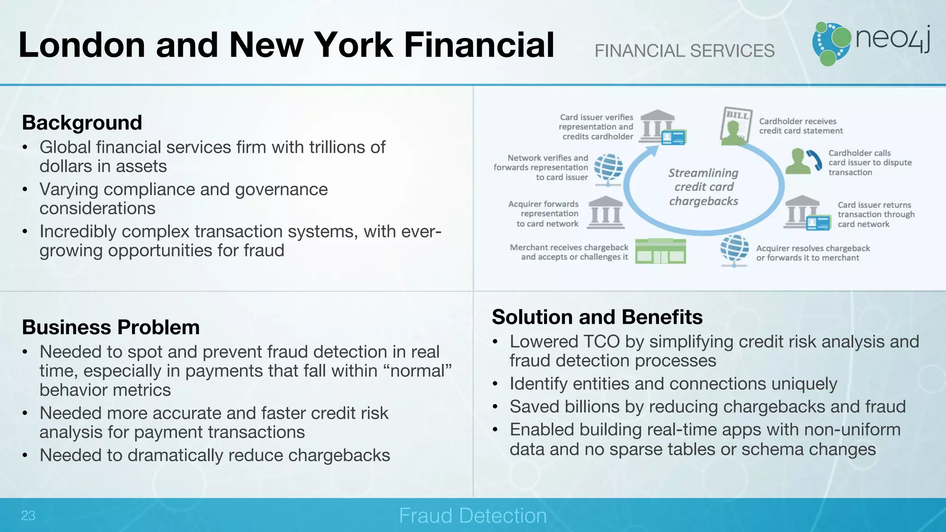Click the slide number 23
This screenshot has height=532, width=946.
pyautogui.click(x=28, y=515)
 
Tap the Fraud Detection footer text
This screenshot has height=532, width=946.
pyautogui.click(x=473, y=515)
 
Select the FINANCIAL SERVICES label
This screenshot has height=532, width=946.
pyautogui.click(x=684, y=51)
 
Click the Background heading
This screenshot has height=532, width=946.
pyautogui.click(x=82, y=123)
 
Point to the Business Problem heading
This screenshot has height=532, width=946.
pyautogui.click(x=111, y=327)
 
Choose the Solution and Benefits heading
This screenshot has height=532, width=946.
pyautogui.click(x=597, y=317)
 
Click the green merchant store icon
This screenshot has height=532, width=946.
pyautogui.click(x=660, y=251)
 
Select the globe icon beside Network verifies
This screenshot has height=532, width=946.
pyautogui.click(x=608, y=169)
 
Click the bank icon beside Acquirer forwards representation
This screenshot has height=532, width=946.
pyautogui.click(x=606, y=212)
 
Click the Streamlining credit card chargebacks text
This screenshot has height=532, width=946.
pyautogui.click(x=703, y=187)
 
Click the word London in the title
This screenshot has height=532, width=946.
pyautogui.click(x=82, y=45)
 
